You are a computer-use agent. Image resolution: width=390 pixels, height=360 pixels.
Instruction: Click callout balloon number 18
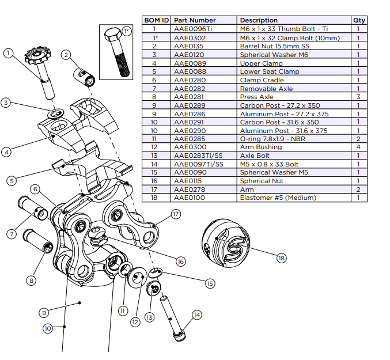tap(281, 259)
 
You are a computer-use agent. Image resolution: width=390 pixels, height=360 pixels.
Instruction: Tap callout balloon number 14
tap(197, 314)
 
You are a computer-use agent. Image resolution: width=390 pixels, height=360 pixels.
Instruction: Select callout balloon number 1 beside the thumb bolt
tap(8, 53)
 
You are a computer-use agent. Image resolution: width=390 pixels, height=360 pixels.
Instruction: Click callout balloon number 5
tap(12, 180)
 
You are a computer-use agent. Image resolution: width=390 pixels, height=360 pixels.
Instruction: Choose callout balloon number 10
tap(48, 328)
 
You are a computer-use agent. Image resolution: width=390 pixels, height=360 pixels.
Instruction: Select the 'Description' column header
tap(259, 20)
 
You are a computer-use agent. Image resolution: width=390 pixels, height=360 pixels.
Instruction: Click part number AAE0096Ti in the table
tap(191, 29)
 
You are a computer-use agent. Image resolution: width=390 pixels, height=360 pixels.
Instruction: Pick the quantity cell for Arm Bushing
tap(358, 147)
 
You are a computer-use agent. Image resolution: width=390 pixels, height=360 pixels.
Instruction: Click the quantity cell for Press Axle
tap(358, 97)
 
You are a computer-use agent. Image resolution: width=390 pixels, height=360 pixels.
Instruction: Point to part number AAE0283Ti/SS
tap(195, 156)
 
